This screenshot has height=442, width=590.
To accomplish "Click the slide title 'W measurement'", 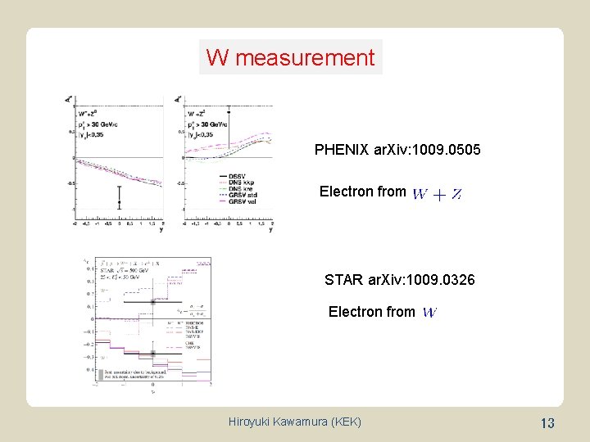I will point(290,58).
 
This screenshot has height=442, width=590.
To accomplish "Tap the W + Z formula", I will point(436,194).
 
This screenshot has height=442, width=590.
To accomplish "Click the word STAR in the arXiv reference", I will point(343,280).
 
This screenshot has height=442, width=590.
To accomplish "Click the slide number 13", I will point(547,423).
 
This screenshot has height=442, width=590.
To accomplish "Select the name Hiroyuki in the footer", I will point(256,422).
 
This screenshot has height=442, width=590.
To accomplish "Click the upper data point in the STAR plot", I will point(152,301).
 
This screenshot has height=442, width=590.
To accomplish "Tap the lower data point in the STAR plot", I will point(152,354).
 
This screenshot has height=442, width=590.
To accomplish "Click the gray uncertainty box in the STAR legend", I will point(102,374).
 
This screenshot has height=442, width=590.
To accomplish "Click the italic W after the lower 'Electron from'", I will point(429,312).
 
